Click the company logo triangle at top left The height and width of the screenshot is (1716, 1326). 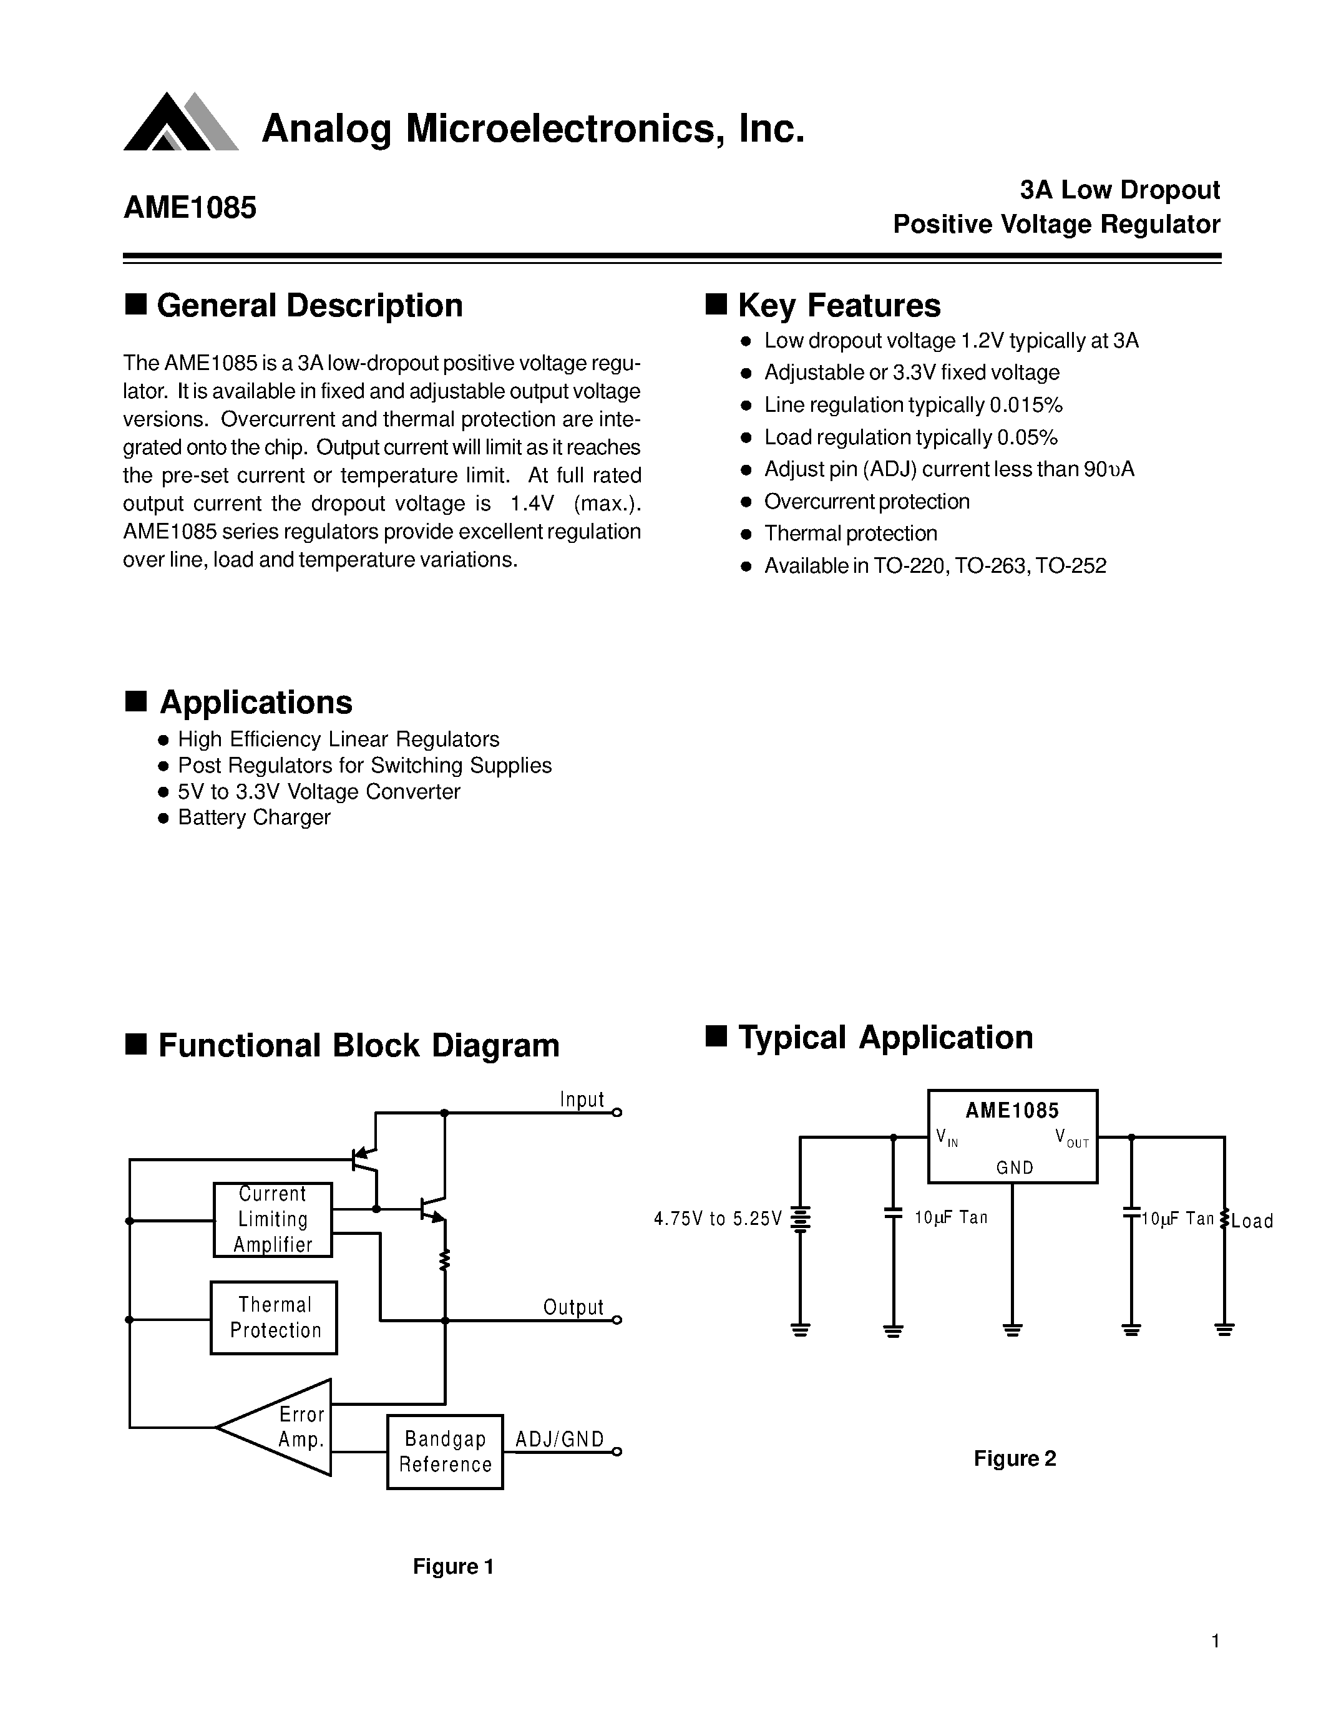click(179, 124)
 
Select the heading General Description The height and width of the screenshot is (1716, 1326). click(309, 306)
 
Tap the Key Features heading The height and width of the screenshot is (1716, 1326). click(838, 306)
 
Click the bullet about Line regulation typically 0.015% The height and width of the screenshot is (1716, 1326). click(912, 406)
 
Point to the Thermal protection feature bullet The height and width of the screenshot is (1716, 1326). click(850, 534)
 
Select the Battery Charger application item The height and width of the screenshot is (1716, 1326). click(254, 817)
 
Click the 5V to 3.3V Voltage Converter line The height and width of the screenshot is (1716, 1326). click(318, 791)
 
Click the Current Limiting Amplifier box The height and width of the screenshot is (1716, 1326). click(273, 1219)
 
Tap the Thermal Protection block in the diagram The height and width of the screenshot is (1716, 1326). click(274, 1318)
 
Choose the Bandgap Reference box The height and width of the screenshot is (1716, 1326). click(445, 1452)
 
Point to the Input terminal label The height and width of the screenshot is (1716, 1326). click(582, 1099)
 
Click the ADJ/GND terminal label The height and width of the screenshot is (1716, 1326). click(559, 1440)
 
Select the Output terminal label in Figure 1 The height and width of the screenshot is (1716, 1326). click(573, 1307)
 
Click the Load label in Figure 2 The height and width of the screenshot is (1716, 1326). click(1252, 1221)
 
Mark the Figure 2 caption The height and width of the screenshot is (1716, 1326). click(1014, 1459)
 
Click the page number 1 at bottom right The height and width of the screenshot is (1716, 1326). click(1215, 1640)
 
